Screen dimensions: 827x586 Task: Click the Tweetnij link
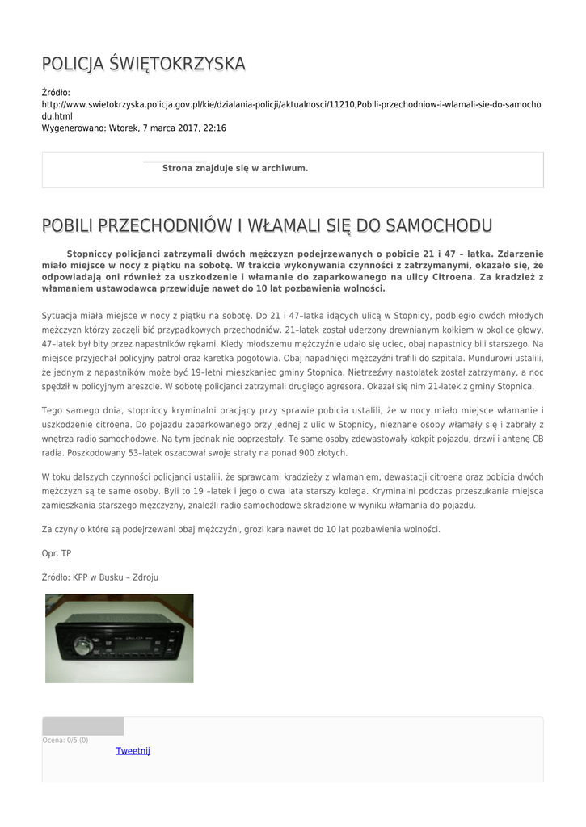click(x=133, y=751)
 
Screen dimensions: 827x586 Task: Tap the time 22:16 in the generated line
click(x=214, y=128)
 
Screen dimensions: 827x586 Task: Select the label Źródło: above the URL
click(x=57, y=93)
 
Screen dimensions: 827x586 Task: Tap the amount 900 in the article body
click(x=308, y=454)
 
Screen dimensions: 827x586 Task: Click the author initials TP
click(x=66, y=553)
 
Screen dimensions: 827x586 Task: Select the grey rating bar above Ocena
click(x=82, y=726)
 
